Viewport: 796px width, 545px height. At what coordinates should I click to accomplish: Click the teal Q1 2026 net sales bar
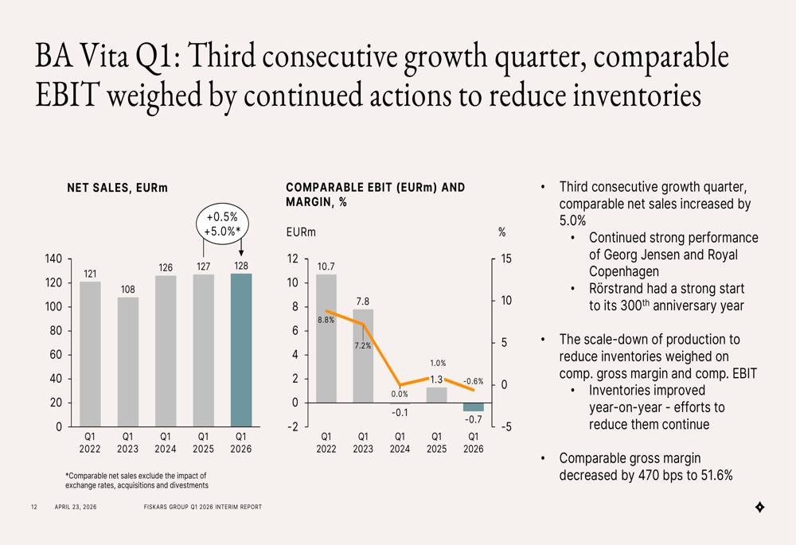click(241, 350)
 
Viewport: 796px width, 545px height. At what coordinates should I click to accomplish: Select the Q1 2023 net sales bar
click(128, 362)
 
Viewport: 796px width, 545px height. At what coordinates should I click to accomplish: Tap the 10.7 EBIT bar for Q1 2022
click(326, 338)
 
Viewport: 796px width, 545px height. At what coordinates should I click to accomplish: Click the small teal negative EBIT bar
click(473, 407)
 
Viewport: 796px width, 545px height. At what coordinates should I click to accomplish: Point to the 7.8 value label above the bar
click(363, 302)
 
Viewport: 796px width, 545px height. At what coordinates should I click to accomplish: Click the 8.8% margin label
click(326, 320)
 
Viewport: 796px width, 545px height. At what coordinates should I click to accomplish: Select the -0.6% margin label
click(473, 381)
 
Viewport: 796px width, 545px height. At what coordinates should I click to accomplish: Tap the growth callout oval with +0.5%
click(222, 224)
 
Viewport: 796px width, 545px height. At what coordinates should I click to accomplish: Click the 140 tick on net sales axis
click(54, 259)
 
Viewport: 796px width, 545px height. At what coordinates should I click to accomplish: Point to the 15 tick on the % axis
click(506, 259)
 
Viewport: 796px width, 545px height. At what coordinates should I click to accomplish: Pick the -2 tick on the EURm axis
click(293, 426)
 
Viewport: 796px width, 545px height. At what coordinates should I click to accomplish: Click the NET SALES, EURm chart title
click(117, 189)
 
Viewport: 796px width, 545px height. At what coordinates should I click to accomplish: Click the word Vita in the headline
click(102, 56)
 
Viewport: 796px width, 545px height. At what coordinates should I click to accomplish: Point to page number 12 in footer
click(34, 507)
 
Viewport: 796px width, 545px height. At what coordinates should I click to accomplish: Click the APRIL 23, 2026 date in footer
click(76, 507)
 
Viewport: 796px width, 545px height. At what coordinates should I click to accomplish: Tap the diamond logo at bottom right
click(760, 507)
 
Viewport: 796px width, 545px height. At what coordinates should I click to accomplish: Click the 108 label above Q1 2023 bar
click(128, 290)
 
